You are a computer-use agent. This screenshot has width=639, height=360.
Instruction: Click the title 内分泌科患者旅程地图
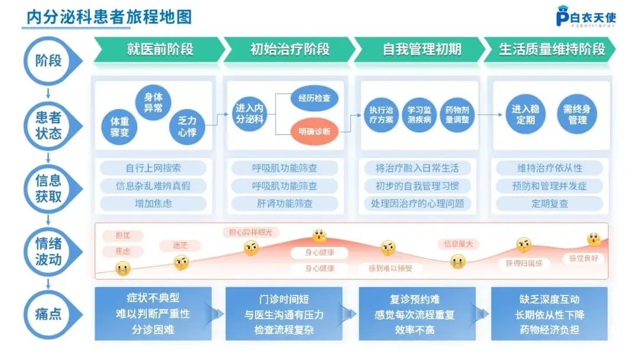[106, 17]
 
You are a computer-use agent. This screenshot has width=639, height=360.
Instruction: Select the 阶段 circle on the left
[48, 60]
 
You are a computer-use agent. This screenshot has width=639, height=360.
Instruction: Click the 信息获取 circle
[48, 189]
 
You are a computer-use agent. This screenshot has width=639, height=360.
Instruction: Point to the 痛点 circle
[48, 313]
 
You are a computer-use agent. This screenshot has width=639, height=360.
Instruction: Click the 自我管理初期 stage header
[421, 49]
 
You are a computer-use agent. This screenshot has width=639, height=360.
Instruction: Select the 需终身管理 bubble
[577, 114]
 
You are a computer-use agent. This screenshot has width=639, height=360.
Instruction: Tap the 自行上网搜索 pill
[153, 168]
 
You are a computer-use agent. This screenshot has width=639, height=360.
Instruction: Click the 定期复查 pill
[550, 204]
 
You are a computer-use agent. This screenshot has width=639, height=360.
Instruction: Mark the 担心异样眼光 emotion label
[251, 232]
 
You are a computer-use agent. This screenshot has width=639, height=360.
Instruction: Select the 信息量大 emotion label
[458, 244]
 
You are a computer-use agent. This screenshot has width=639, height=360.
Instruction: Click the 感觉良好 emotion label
[583, 258]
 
